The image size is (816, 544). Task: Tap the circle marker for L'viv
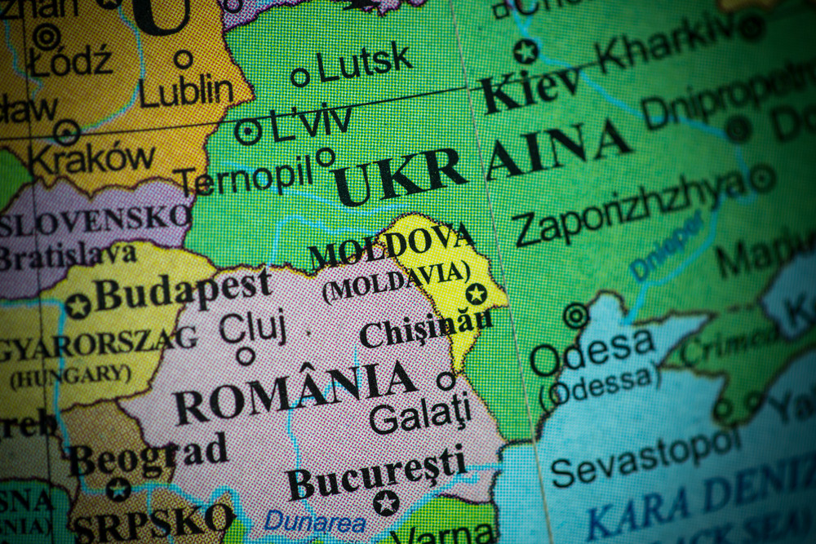coord(248,131)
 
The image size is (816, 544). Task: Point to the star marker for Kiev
coord(526,51)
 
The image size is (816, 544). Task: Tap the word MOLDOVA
coord(392,245)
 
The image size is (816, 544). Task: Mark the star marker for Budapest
coord(78,307)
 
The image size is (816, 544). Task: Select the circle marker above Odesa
coord(576,315)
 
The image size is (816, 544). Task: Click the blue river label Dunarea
coord(314,520)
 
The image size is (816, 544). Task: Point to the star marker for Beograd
coord(118,489)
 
